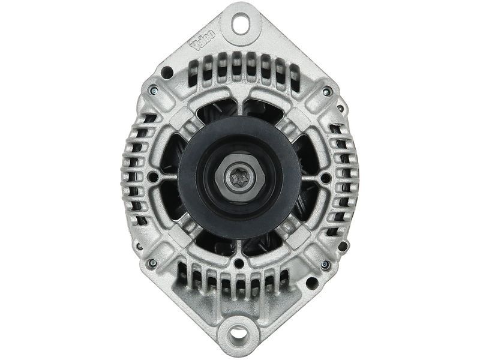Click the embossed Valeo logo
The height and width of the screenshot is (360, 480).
click(203, 40)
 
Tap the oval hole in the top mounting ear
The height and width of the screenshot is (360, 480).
click(241, 23)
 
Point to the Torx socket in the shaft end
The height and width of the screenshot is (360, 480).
click(239, 178)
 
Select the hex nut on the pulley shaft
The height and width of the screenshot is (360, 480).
click(239, 178)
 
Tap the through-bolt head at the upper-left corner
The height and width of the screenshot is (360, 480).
click(153, 91)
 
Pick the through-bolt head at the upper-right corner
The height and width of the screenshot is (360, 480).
click(326, 91)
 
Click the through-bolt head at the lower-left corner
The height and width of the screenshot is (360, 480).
click(152, 262)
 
